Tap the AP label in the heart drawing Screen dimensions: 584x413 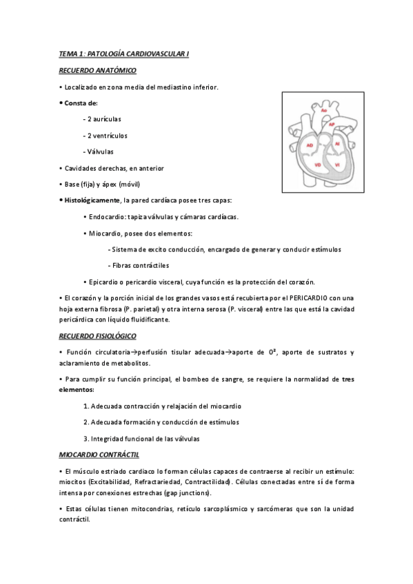coord(332,124)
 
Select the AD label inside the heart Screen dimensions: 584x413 coord(310,145)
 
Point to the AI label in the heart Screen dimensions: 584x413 coord(337,144)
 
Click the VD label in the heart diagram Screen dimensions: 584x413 coord(317,165)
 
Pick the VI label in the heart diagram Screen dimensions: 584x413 coord(337,165)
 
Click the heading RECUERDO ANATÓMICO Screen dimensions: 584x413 coord(97,70)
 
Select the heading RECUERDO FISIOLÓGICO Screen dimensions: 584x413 coord(98,335)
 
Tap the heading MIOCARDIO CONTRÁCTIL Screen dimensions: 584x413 coord(99,455)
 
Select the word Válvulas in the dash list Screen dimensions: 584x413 coord(100,152)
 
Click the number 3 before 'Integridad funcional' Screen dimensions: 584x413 coord(85,438)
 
